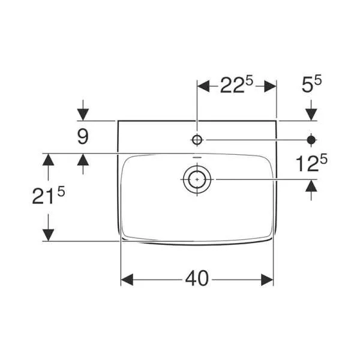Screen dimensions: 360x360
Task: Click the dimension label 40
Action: click(197, 278)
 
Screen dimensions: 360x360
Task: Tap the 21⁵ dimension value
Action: click(48, 196)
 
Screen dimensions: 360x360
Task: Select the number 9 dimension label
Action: click(83, 136)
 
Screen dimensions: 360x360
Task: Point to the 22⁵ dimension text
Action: click(236, 86)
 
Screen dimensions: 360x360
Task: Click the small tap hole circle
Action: click(197, 140)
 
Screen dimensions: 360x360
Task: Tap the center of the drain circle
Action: click(197, 179)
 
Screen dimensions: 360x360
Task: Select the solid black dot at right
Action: click(311, 140)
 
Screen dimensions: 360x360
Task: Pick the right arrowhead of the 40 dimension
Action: click(268, 279)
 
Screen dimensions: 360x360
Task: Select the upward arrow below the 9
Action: click(83, 160)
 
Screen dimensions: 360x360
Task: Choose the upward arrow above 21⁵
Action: click(48, 160)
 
